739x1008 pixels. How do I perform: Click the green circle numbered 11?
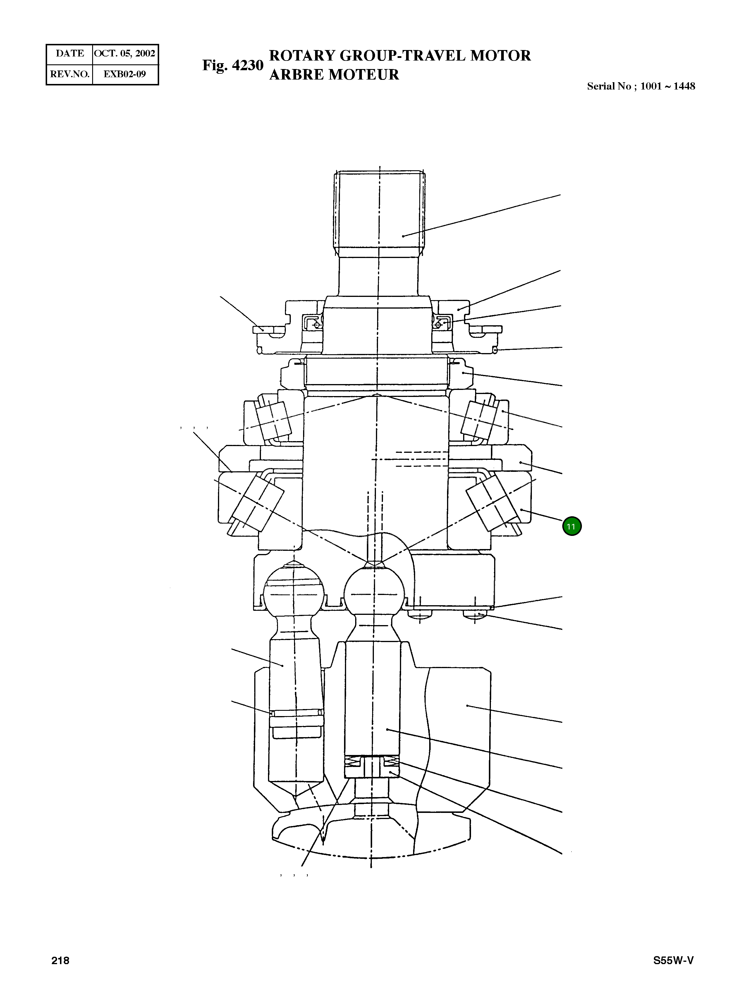[571, 526]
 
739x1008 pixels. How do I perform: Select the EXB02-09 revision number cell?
[125, 74]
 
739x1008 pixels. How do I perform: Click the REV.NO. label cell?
[70, 74]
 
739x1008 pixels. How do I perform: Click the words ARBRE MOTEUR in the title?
[334, 75]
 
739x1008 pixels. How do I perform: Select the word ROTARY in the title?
[303, 56]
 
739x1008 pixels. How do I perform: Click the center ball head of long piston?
[375, 595]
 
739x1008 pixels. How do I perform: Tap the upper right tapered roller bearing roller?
[479, 419]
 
